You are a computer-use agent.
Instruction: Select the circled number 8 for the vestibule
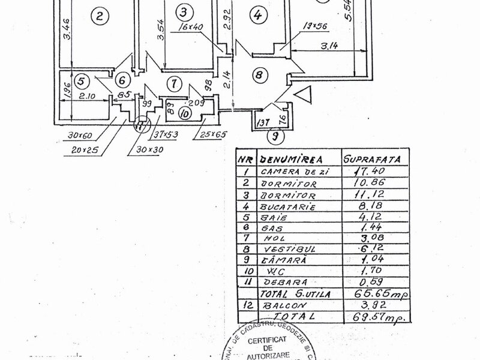coord(258,76)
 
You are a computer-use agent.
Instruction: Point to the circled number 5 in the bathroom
coord(82,80)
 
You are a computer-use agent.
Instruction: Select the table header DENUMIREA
coord(289,159)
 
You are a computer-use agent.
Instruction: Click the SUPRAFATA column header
coord(370,160)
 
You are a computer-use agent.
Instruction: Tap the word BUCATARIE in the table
coord(286,207)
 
